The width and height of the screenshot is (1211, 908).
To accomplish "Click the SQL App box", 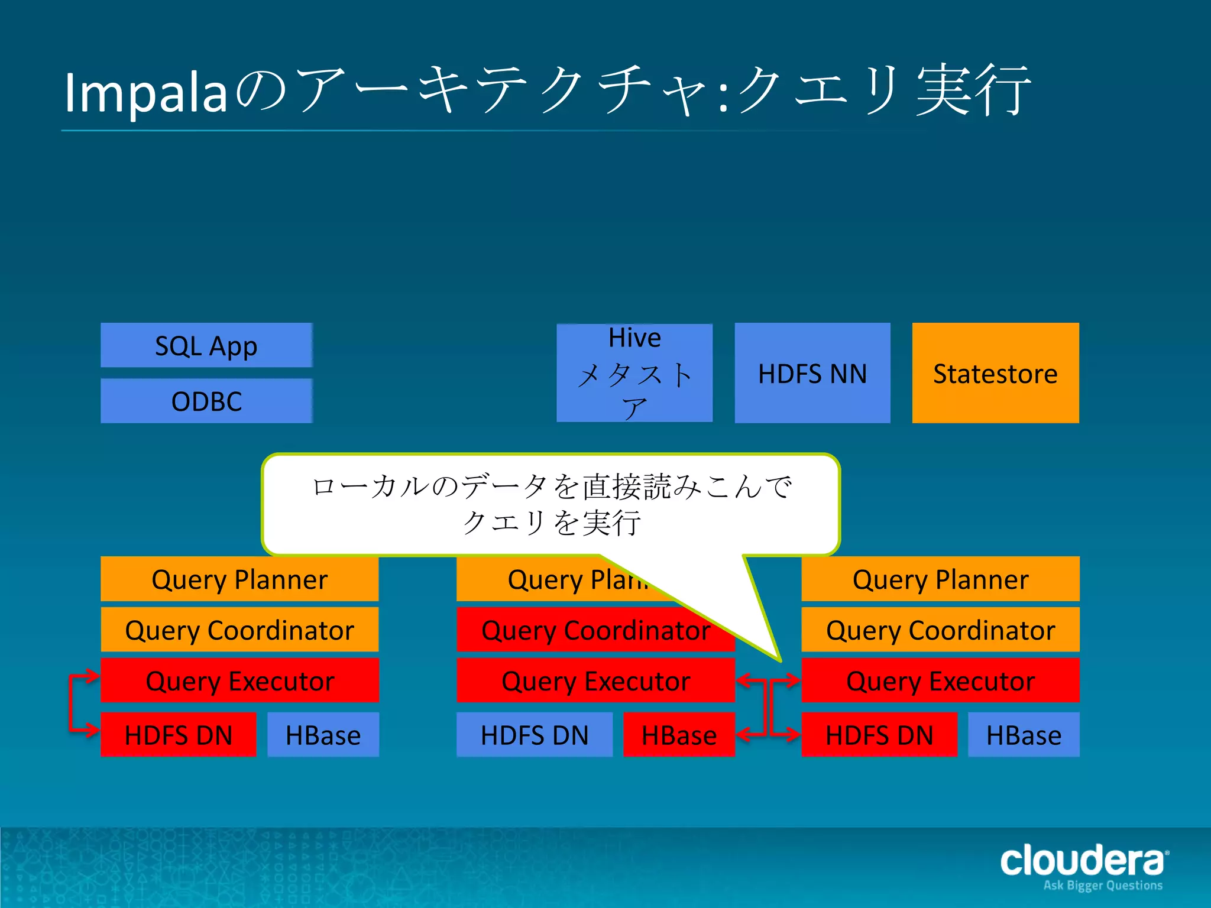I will click(206, 345).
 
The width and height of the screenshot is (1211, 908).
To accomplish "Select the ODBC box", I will click(206, 401).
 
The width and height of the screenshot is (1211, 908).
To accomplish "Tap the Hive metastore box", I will click(634, 373).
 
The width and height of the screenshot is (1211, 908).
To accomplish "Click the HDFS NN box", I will click(812, 373).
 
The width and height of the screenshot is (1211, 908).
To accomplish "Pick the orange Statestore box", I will click(995, 373).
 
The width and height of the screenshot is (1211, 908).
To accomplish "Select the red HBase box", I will click(679, 735).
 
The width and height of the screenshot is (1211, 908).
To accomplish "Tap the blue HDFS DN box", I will click(535, 735).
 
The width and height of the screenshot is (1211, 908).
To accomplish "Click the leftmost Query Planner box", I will click(239, 579).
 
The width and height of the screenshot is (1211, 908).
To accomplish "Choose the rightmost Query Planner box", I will click(940, 579).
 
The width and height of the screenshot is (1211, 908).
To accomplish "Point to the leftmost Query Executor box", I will click(239, 680).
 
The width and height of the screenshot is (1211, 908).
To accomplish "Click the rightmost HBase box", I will click(1024, 735).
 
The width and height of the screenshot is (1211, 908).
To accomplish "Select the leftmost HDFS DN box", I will click(179, 735).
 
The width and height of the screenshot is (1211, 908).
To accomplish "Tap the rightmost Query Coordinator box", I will click(940, 630).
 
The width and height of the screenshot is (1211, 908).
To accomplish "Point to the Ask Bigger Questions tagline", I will click(1103, 886).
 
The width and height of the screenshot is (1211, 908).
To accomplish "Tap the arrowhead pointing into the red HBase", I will click(744, 735).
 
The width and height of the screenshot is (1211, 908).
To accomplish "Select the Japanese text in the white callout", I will click(551, 504).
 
